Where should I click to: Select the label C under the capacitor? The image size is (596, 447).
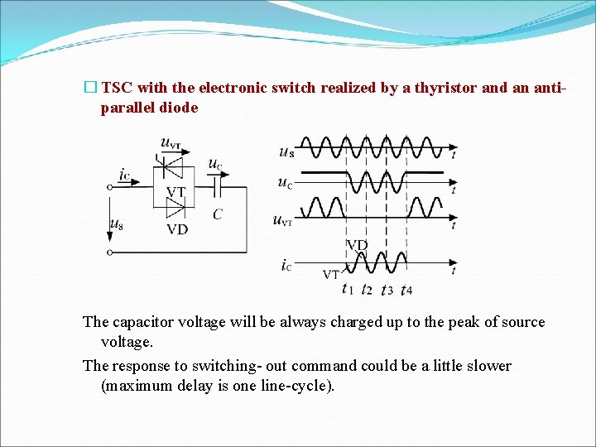[x=217, y=214]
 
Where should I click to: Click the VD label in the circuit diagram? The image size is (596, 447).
[x=176, y=229]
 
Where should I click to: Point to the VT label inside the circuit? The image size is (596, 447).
[x=175, y=192]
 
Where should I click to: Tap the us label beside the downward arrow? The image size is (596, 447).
[x=117, y=223]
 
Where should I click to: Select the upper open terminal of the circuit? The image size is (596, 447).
[x=110, y=188]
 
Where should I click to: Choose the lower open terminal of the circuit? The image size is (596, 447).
[x=110, y=252]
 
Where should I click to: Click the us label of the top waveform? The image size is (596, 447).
[x=286, y=151]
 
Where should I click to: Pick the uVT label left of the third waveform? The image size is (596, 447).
[x=282, y=219]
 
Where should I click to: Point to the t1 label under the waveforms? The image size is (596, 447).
[x=347, y=288]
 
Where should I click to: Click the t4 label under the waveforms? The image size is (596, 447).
[x=406, y=289]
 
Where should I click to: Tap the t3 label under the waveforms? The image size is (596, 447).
[x=386, y=289]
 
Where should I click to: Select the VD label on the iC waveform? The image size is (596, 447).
[x=357, y=245]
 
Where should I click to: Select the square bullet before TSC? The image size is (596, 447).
[x=90, y=88]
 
